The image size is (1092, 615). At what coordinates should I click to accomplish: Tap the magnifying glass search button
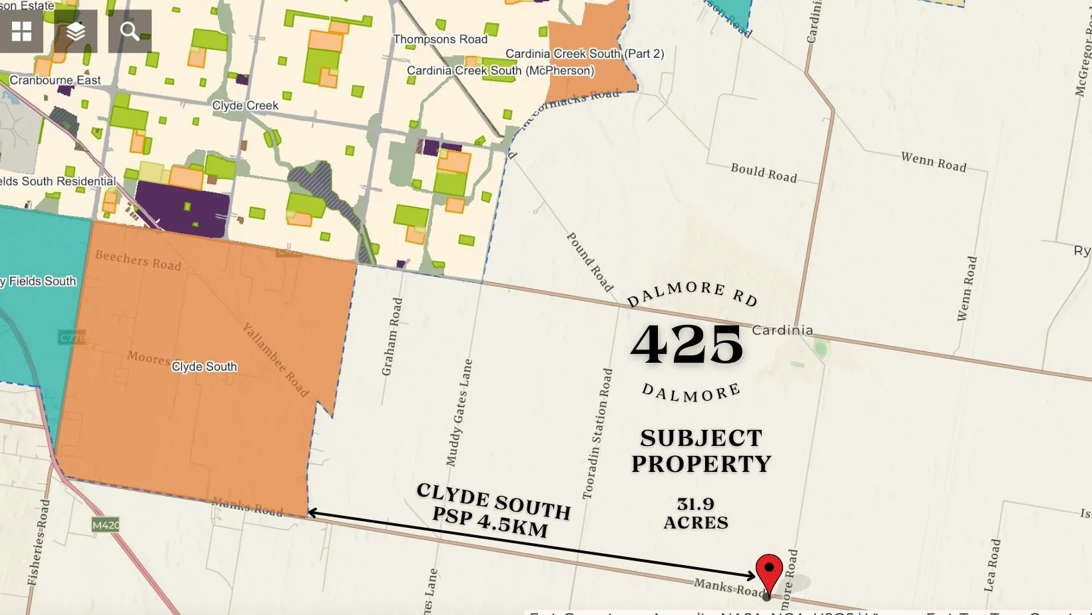[130, 31]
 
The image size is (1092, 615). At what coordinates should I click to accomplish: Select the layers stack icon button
[76, 31]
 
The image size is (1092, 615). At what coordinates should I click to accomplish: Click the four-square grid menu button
[21, 31]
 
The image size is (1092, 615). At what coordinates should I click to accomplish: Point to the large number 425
[686, 345]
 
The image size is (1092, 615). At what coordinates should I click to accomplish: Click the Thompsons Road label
[440, 39]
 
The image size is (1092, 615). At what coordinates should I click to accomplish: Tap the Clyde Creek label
[245, 105]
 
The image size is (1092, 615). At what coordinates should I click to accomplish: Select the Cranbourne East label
[55, 80]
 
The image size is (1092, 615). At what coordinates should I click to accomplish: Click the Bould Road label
[764, 173]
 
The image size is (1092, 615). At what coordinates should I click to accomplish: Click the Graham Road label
[392, 336]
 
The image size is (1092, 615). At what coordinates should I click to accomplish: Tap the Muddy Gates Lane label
[459, 413]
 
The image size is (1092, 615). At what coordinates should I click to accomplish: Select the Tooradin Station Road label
[597, 433]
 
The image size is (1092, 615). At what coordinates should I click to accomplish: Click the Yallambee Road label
[276, 359]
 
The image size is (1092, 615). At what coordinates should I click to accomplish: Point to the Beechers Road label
[138, 260]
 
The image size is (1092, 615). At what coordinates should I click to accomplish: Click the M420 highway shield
[105, 525]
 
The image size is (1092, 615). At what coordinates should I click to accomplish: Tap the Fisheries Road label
[39, 542]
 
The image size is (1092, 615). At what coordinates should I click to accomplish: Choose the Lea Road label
[992, 565]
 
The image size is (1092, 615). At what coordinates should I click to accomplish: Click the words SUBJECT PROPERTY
[701, 451]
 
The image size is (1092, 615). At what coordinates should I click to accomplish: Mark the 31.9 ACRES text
[696, 513]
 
